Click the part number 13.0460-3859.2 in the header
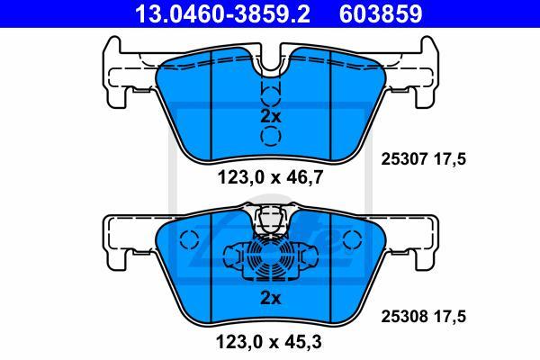click(222, 13)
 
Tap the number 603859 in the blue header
click(381, 13)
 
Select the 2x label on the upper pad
click(270, 117)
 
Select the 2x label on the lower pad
click(270, 298)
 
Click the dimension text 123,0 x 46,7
click(270, 178)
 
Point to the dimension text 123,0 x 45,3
click(269, 342)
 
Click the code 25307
click(404, 159)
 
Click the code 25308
click(404, 317)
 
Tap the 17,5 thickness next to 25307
click(449, 159)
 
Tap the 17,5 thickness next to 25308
click(449, 317)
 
